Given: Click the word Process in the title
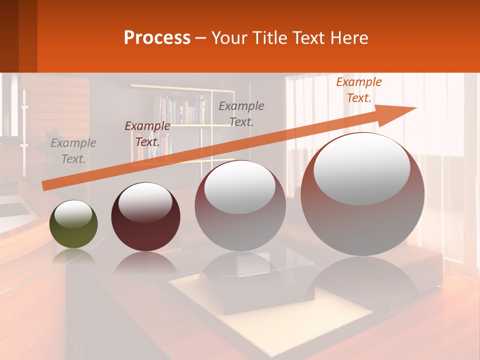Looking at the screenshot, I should coord(157,38).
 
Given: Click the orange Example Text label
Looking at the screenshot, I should coord(358,90).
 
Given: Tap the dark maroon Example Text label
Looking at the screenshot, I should coord(147,134).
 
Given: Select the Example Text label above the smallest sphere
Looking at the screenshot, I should coord(73,151).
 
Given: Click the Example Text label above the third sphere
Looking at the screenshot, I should coord(241,113).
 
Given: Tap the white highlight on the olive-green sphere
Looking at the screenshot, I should coord(73,215).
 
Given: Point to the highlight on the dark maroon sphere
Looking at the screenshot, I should coord(145,202).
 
